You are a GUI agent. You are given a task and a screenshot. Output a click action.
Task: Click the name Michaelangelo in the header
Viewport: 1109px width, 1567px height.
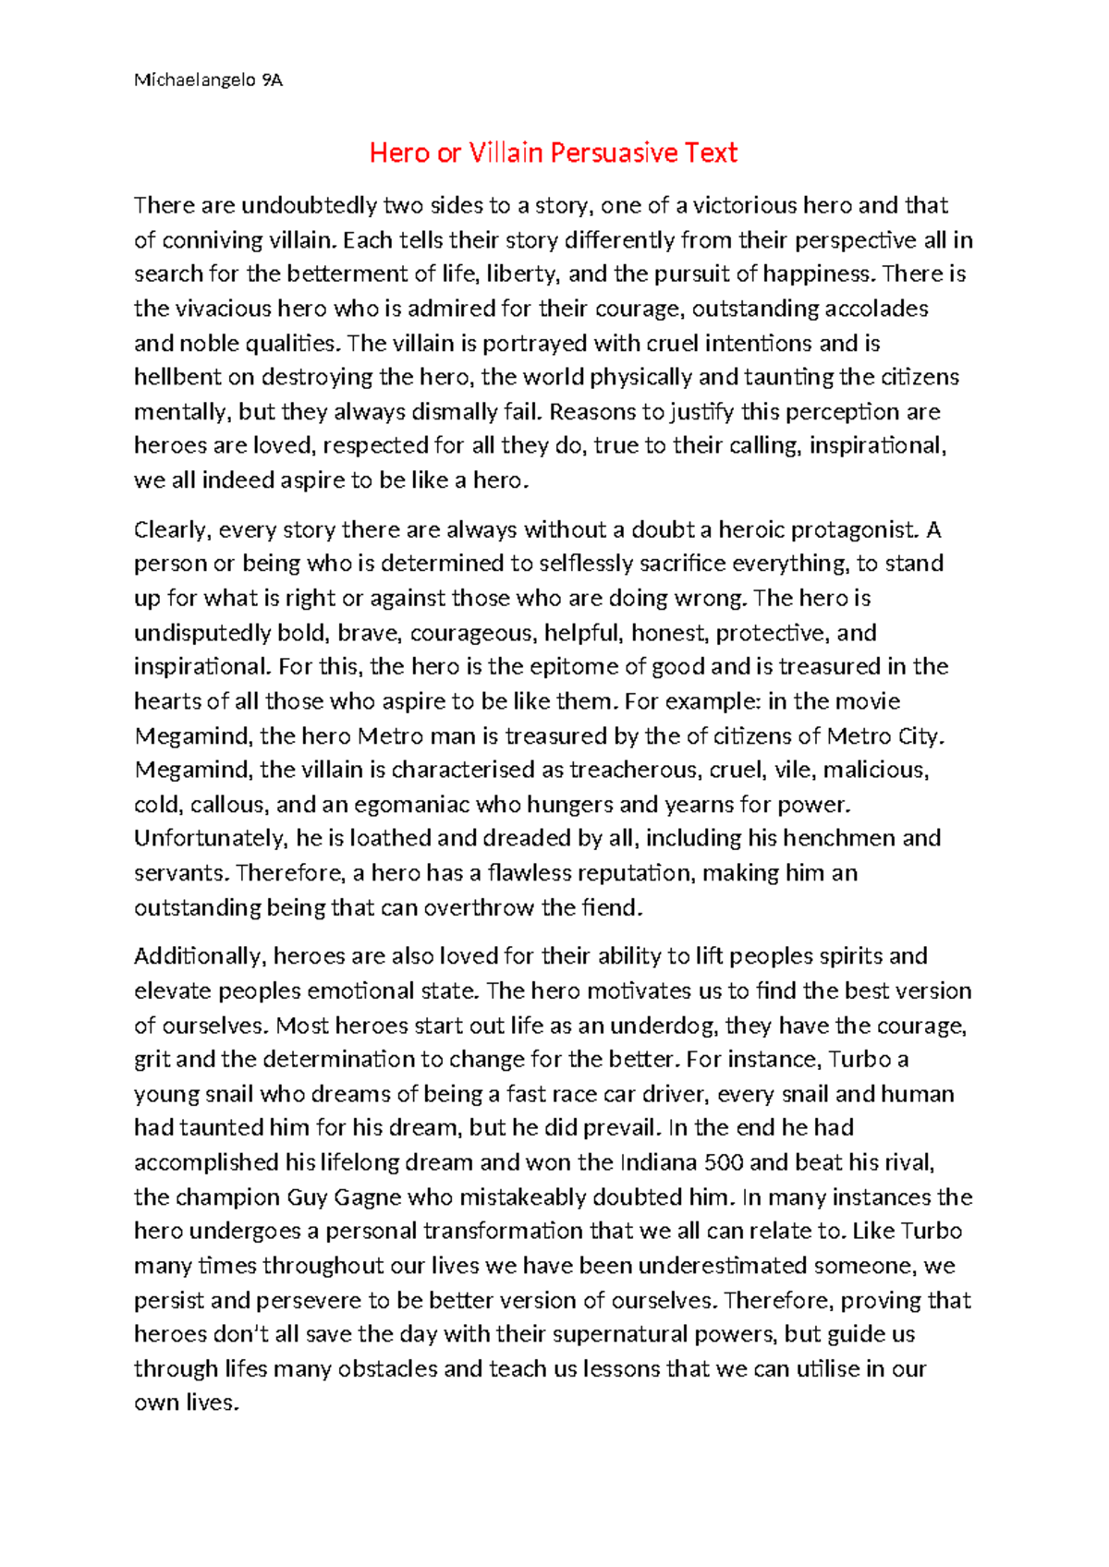(194, 80)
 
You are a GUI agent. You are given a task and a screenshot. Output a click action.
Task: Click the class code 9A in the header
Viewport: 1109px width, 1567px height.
(272, 80)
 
